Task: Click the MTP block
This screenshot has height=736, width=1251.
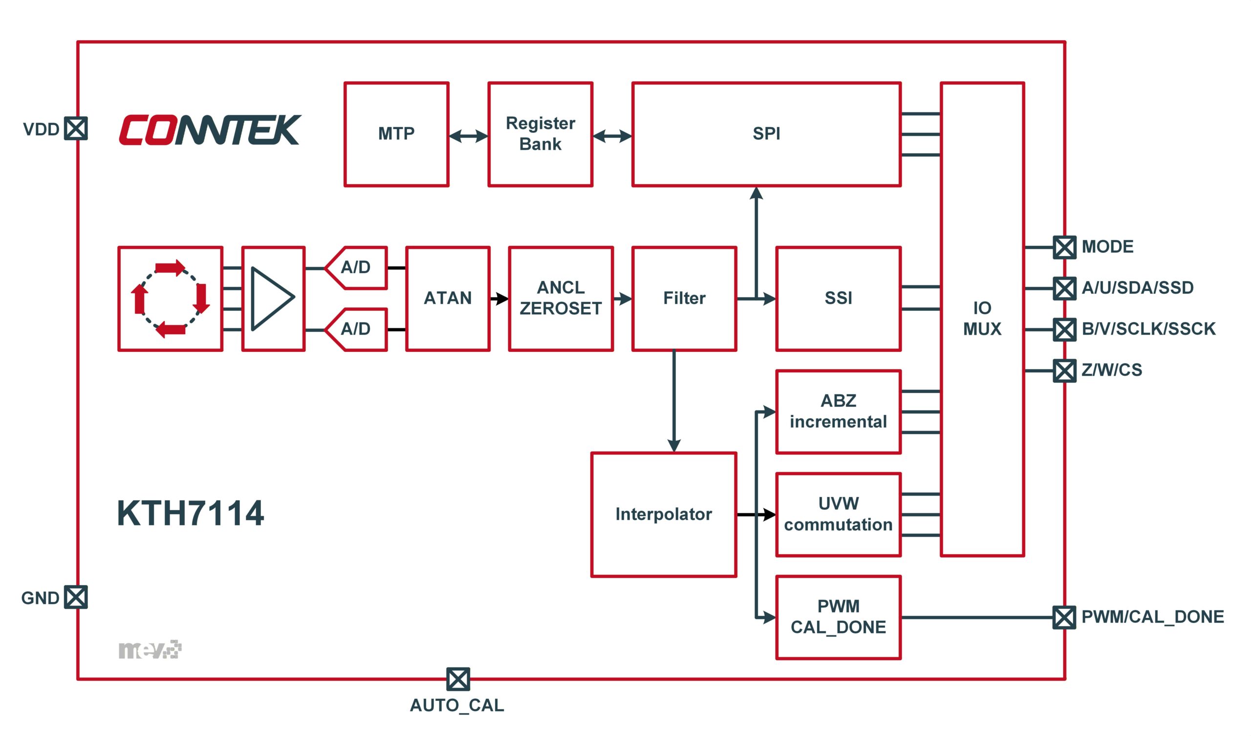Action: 396,134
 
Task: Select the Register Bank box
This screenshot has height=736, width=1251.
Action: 540,134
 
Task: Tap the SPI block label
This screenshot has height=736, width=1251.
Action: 766,133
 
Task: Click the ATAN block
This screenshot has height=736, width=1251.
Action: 447,299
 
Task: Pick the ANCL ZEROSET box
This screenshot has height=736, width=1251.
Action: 561,299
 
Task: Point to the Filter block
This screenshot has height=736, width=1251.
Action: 684,299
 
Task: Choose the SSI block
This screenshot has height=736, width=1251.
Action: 838,299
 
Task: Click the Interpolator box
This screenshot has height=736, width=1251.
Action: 663,515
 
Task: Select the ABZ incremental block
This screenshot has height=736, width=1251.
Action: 838,411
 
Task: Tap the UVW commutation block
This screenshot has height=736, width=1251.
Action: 838,515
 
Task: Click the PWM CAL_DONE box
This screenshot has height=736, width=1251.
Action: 838,617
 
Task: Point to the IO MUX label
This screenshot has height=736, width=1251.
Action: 982,318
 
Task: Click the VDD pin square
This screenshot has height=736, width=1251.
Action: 76,129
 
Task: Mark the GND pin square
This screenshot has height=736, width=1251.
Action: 76,597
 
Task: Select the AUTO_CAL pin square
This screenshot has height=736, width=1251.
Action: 458,679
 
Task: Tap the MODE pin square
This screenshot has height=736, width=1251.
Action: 1064,247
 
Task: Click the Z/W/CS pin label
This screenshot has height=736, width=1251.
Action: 1112,370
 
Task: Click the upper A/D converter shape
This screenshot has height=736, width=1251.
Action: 356,268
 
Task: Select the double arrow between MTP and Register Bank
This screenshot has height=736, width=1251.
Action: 468,135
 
